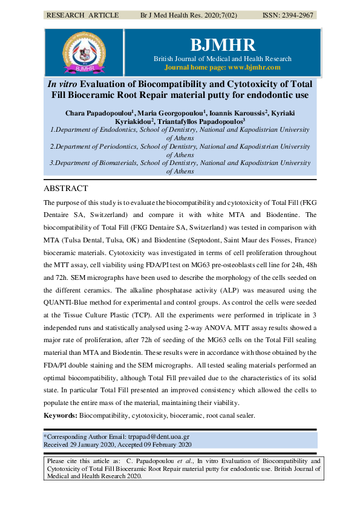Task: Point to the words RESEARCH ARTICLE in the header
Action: click(x=82, y=15)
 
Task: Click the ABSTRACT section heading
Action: click(x=65, y=189)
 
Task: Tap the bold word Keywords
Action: click(x=59, y=416)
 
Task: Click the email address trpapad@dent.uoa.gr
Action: click(x=158, y=436)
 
